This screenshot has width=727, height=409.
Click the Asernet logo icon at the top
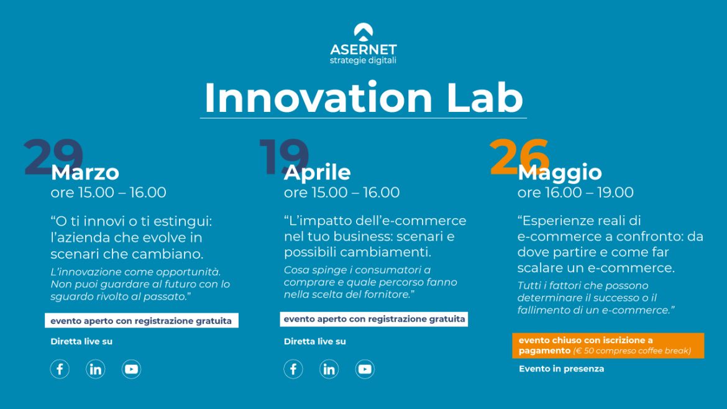(x=363, y=32)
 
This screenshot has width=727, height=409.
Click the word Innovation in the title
(x=318, y=98)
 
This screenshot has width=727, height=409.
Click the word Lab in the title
(x=485, y=98)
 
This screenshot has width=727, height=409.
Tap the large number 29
(x=53, y=157)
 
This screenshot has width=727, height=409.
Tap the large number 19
(x=284, y=157)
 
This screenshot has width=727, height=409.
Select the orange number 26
(x=519, y=157)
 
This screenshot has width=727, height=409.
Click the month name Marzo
(x=85, y=173)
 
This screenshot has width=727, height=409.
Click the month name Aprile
(x=317, y=173)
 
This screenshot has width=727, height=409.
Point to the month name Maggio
(x=560, y=173)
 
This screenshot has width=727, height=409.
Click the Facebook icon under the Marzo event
(x=60, y=369)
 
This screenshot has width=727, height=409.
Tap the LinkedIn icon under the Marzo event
(x=96, y=369)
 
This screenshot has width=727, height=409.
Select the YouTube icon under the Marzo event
(x=131, y=369)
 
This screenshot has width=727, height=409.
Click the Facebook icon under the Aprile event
(x=293, y=369)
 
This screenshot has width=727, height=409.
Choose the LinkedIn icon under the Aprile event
(x=329, y=369)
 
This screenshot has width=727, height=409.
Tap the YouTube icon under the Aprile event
(x=365, y=369)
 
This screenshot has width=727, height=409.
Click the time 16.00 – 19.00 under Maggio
(x=589, y=192)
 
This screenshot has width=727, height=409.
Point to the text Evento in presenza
(x=562, y=369)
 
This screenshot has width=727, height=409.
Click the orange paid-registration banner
(x=608, y=346)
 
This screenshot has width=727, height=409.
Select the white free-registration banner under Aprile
(x=373, y=319)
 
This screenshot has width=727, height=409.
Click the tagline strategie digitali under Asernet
(x=363, y=61)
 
